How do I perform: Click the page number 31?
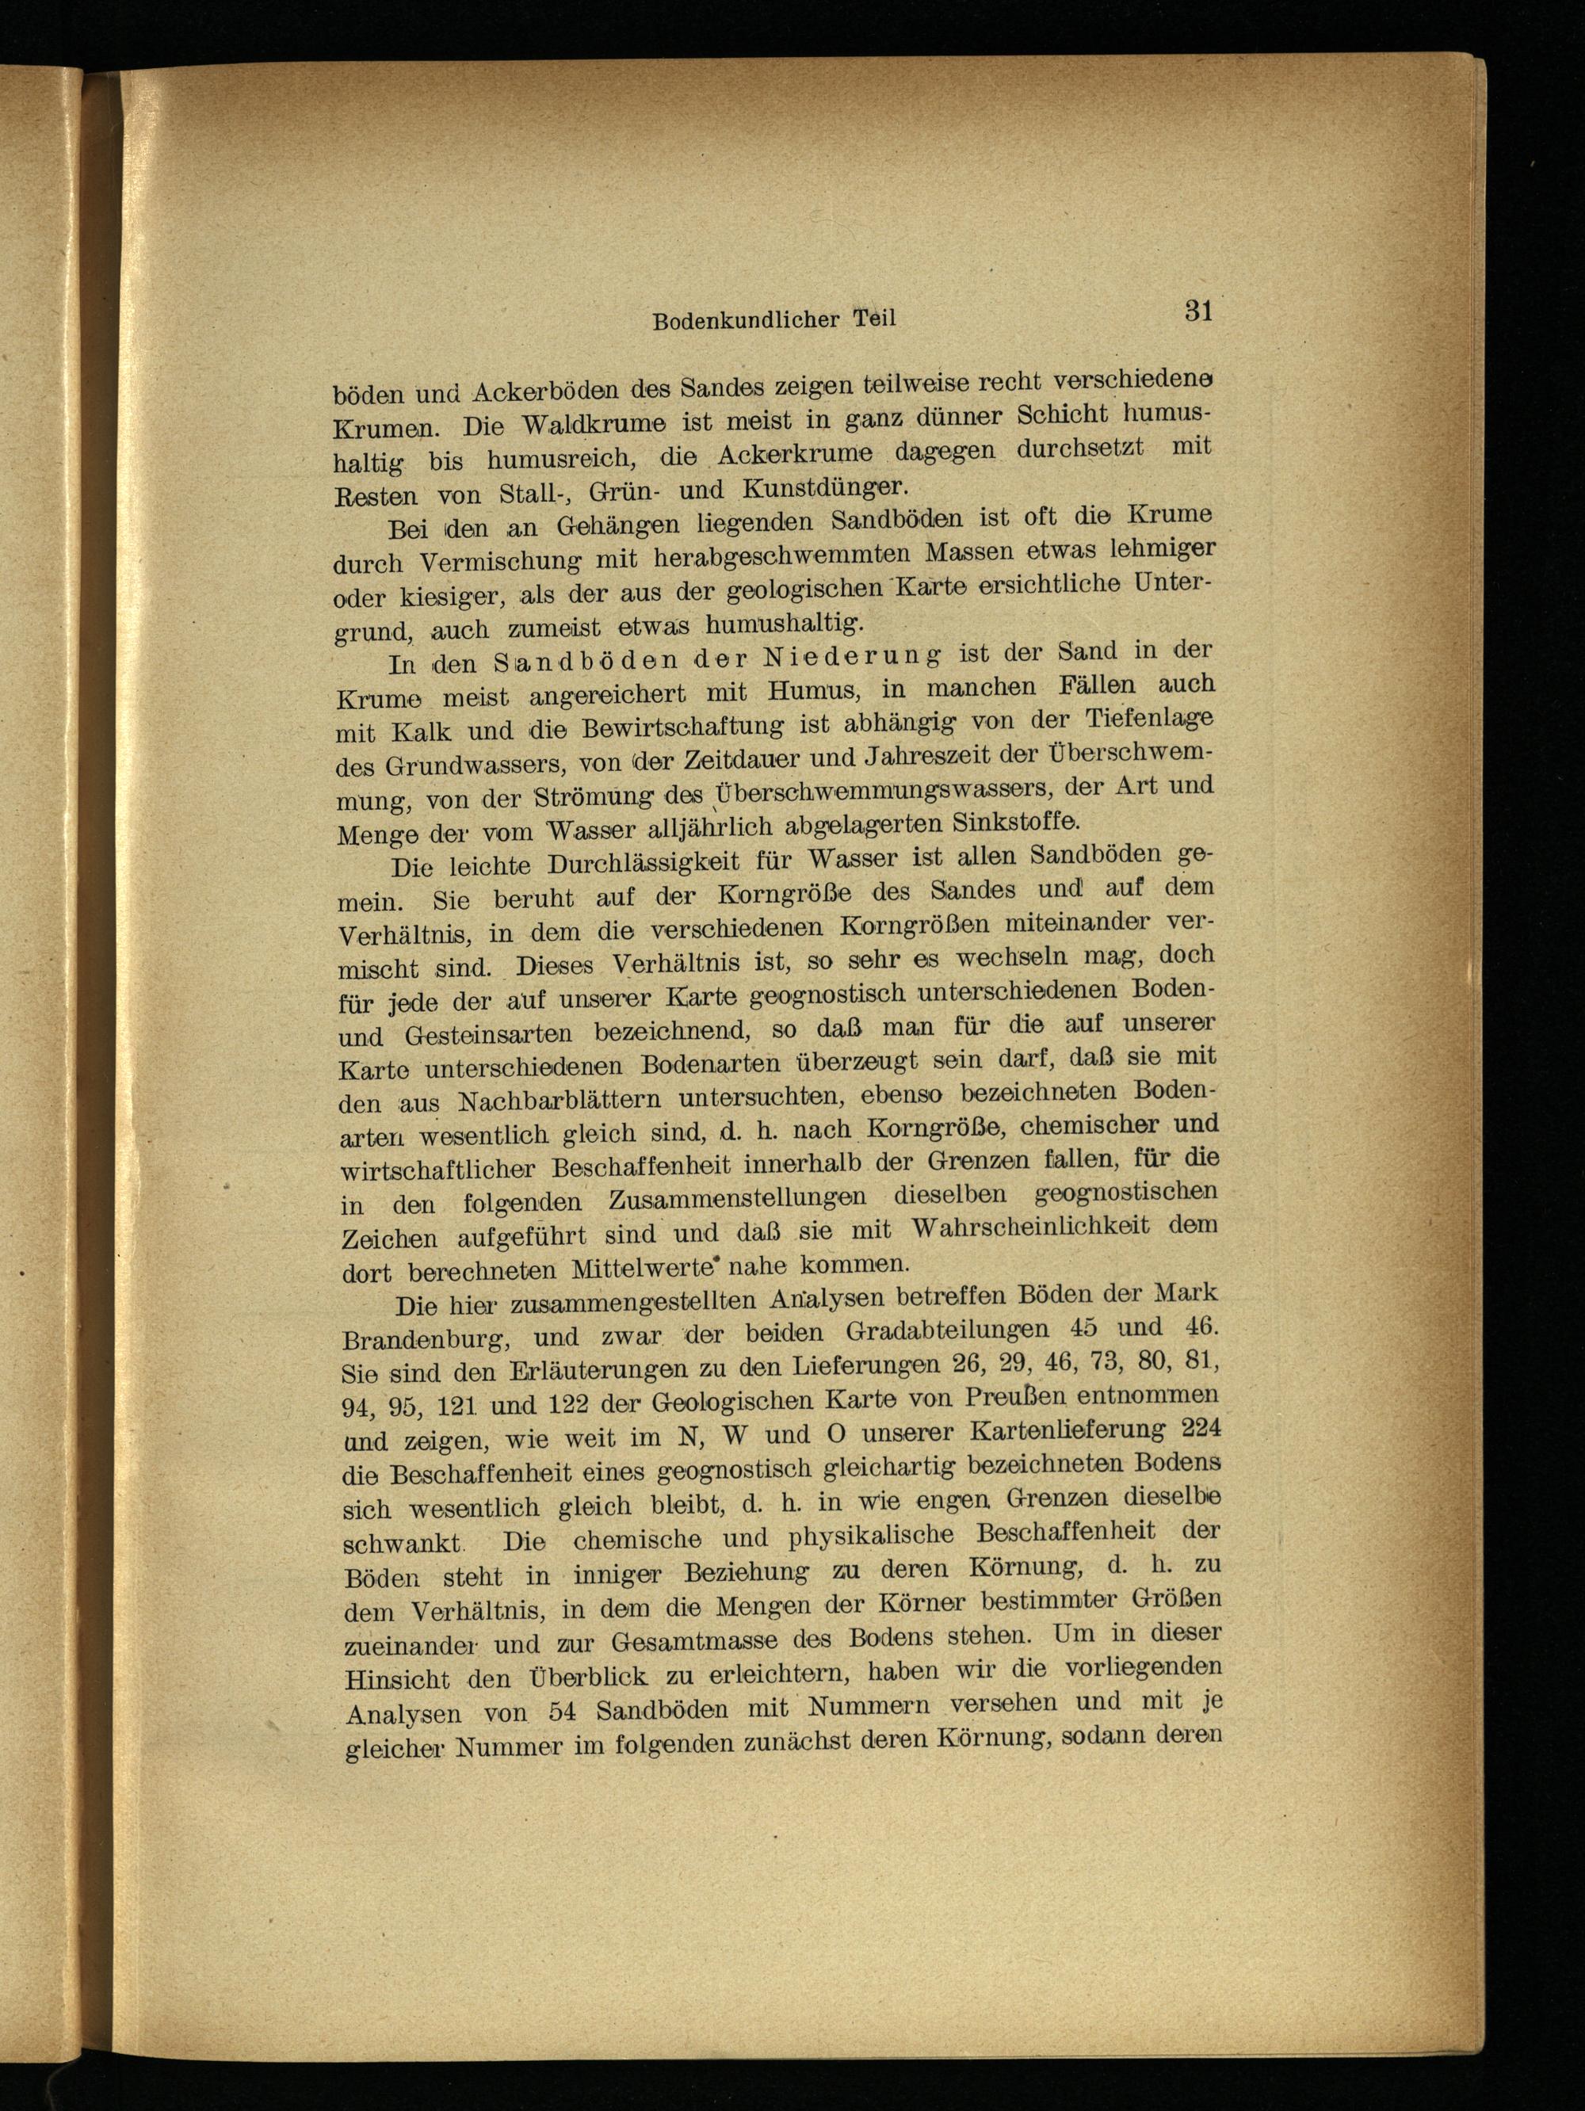click(1197, 311)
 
